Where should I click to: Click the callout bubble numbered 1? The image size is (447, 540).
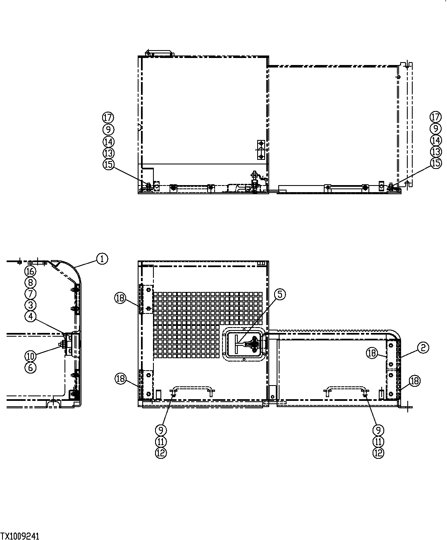pyautogui.click(x=102, y=259)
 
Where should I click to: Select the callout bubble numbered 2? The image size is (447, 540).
pyautogui.click(x=423, y=348)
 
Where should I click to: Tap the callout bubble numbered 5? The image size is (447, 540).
pyautogui.click(x=280, y=294)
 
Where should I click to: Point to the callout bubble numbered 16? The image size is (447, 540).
pyautogui.click(x=30, y=271)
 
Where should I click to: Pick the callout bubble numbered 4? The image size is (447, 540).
pyautogui.click(x=30, y=316)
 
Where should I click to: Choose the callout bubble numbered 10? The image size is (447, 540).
pyautogui.click(x=30, y=356)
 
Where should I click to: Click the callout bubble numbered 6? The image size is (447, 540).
pyautogui.click(x=30, y=367)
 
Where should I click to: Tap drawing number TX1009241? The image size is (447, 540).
pyautogui.click(x=20, y=536)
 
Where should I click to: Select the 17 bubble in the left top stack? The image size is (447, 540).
pyautogui.click(x=108, y=118)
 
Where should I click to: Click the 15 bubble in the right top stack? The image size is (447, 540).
pyautogui.click(x=436, y=163)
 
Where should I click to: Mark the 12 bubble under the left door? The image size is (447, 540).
pyautogui.click(x=161, y=453)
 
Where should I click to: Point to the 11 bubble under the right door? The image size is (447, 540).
pyautogui.click(x=378, y=442)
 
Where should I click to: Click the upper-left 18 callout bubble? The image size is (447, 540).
pyautogui.click(x=120, y=298)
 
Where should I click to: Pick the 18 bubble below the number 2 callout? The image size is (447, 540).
pyautogui.click(x=415, y=381)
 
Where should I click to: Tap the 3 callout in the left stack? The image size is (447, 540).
pyautogui.click(x=30, y=305)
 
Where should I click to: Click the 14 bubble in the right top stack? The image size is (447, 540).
pyautogui.click(x=436, y=140)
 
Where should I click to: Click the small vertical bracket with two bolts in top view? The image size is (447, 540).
pyautogui.click(x=261, y=149)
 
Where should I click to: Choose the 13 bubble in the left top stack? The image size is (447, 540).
pyautogui.click(x=108, y=153)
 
